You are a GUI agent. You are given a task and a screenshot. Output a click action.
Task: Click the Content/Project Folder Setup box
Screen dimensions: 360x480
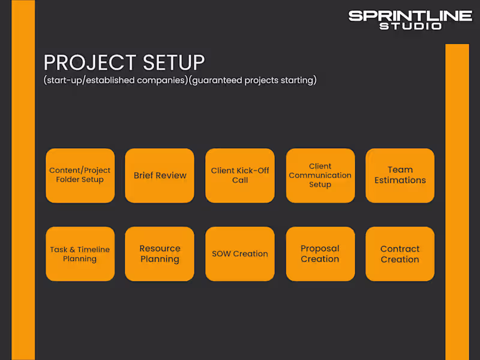(x=80, y=175)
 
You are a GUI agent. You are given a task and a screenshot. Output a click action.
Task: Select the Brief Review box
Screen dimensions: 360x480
(x=160, y=175)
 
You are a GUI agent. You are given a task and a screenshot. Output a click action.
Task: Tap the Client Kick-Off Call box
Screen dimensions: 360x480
(x=240, y=175)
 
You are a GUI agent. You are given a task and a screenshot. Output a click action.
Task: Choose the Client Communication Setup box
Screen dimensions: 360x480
(x=320, y=175)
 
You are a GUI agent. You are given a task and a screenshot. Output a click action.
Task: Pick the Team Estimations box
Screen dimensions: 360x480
(x=400, y=175)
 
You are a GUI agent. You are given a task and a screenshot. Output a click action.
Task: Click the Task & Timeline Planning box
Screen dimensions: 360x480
(x=80, y=254)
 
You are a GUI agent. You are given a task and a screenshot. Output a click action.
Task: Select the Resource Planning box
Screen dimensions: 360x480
(x=160, y=254)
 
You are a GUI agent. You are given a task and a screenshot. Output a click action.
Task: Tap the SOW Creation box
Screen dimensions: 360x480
(x=240, y=254)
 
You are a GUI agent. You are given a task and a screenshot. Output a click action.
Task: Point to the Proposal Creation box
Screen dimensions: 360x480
(x=320, y=254)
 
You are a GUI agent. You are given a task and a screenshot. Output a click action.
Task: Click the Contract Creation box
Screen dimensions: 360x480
(x=400, y=254)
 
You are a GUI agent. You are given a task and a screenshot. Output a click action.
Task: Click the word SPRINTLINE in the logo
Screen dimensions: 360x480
(x=410, y=16)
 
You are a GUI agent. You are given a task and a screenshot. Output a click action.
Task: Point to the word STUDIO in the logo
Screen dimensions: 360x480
(x=410, y=26)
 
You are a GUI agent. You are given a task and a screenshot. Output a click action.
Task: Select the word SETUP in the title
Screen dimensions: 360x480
(x=174, y=63)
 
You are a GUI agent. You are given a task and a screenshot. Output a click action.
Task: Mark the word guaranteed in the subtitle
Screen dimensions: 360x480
(x=217, y=80)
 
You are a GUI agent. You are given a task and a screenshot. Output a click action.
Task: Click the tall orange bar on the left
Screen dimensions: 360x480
(x=23, y=180)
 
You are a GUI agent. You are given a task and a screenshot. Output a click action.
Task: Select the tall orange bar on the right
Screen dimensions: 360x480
(x=457, y=201)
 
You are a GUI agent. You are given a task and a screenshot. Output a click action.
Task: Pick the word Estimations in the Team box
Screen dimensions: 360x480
(x=400, y=180)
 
